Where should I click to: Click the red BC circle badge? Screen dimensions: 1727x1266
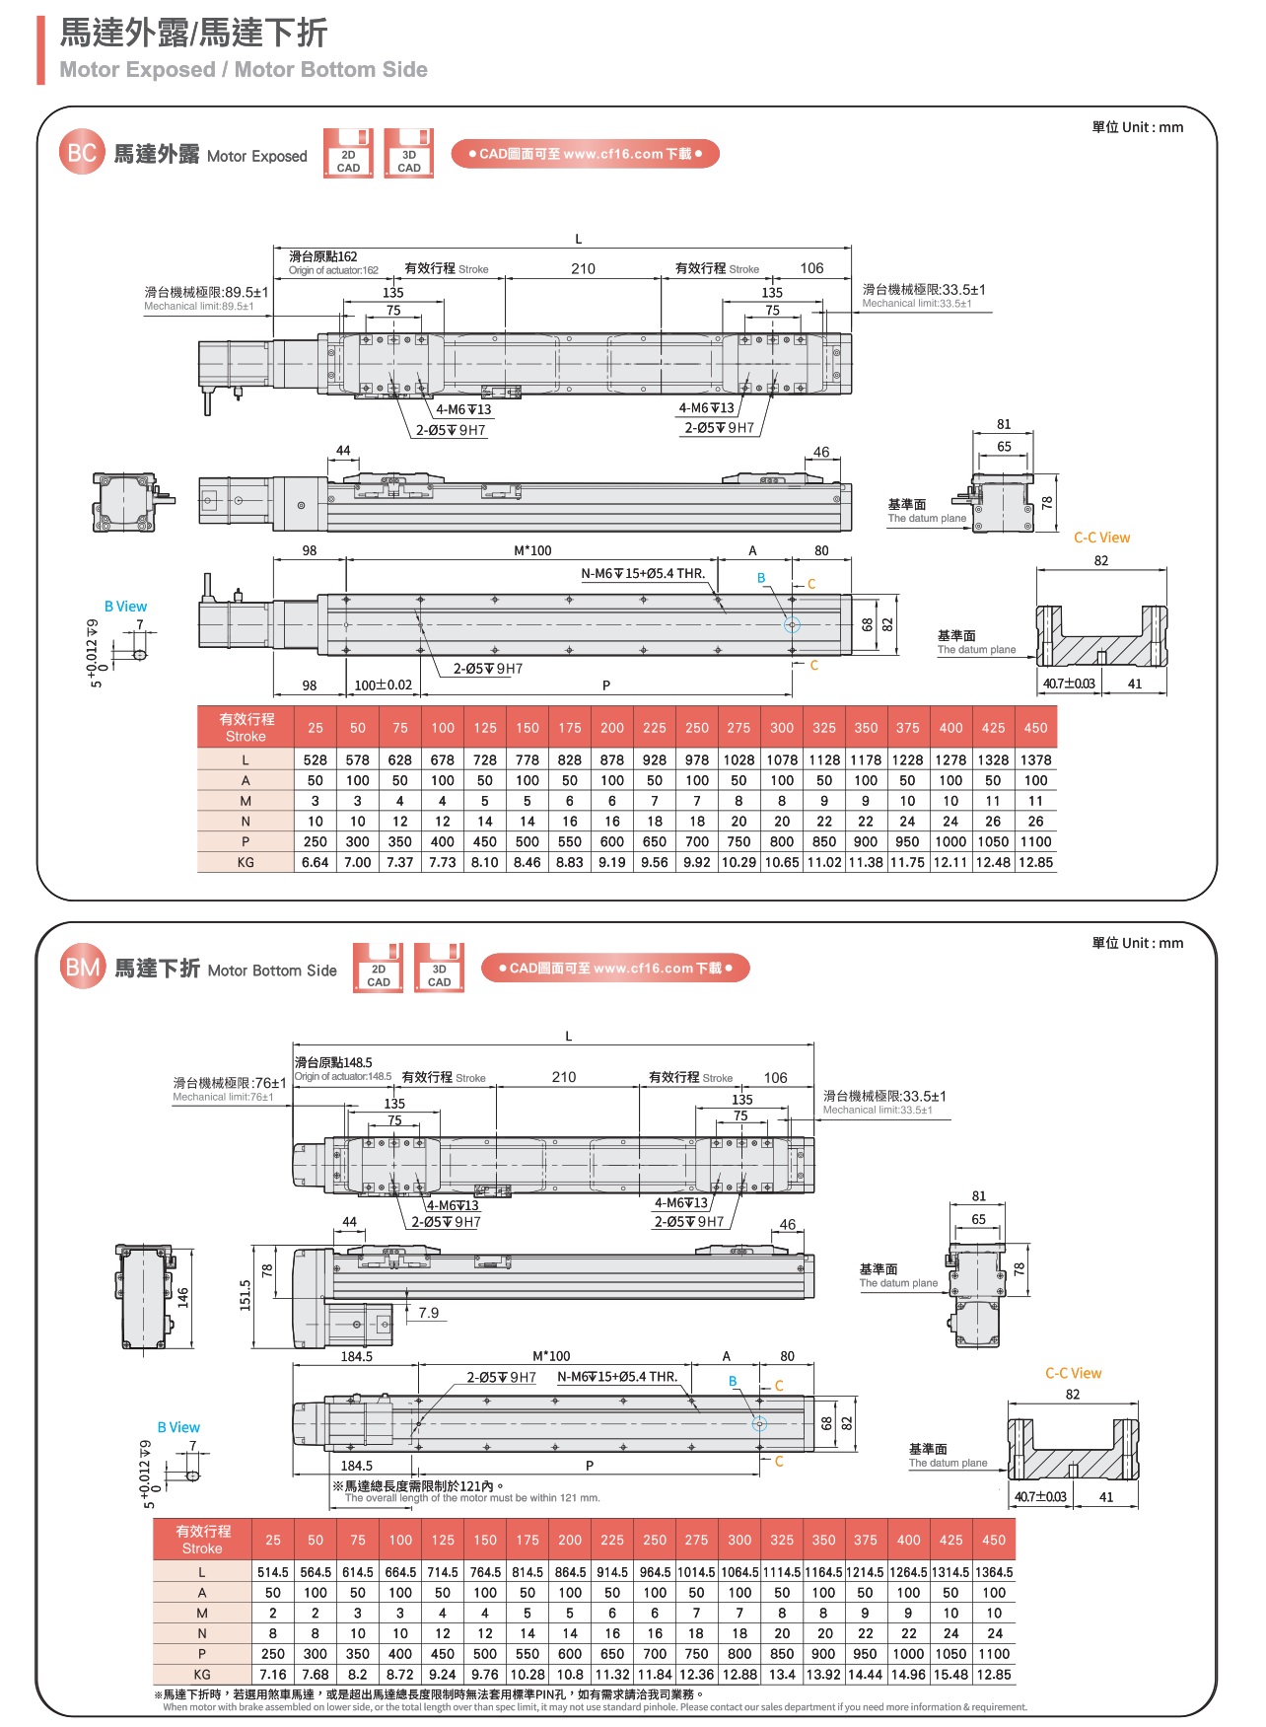pyautogui.click(x=82, y=153)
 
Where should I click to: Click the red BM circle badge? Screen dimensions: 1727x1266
pyautogui.click(x=82, y=968)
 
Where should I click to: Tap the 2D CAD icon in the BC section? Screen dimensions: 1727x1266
pyautogui.click(x=348, y=154)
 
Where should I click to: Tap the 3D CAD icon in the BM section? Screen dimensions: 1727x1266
pyautogui.click(x=439, y=969)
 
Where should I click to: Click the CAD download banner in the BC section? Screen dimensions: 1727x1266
pyautogui.click(x=585, y=154)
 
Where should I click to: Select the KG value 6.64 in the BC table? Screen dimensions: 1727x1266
pyautogui.click(x=316, y=862)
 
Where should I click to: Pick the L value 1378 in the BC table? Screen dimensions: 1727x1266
pyautogui.click(x=1035, y=759)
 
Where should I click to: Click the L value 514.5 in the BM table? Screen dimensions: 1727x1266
pyautogui.click(x=273, y=1572)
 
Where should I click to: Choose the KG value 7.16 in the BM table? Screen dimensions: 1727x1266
pyautogui.click(x=273, y=1675)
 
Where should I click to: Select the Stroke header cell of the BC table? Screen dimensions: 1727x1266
pyautogui.click(x=246, y=727)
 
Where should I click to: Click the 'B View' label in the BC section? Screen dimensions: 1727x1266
pyautogui.click(x=125, y=607)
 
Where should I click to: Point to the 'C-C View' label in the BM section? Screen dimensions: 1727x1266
pyautogui.click(x=1073, y=1373)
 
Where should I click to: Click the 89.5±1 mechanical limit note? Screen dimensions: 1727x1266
pyautogui.click(x=206, y=293)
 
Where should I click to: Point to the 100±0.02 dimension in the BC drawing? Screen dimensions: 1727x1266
pyautogui.click(x=383, y=684)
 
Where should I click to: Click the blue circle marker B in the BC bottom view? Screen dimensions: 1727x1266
pyautogui.click(x=792, y=625)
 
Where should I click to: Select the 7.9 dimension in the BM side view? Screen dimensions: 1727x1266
pyautogui.click(x=428, y=1313)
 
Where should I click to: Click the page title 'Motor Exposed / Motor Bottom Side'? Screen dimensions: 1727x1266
pyautogui.click(x=244, y=70)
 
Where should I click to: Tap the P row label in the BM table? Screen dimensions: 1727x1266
pyautogui.click(x=202, y=1654)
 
